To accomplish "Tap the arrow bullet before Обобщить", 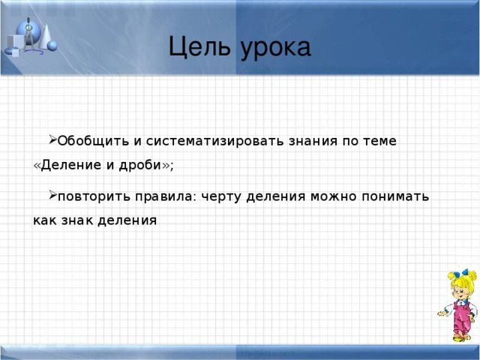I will coord(51,139).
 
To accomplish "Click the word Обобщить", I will coord(87,141).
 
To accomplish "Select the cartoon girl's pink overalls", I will coord(463,318).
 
